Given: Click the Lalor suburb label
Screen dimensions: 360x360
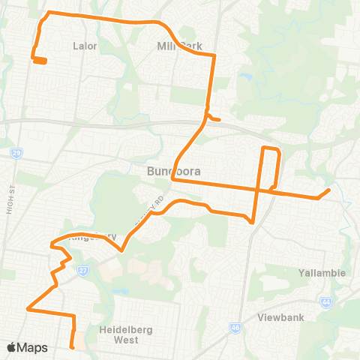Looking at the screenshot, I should [x=85, y=46].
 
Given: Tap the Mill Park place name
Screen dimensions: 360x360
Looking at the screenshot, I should [x=180, y=46].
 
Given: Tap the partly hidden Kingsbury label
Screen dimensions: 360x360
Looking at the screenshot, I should [x=94, y=237].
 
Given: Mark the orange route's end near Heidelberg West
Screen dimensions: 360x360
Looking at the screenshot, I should [x=73, y=346].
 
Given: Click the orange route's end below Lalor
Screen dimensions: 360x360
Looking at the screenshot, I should [x=43, y=61].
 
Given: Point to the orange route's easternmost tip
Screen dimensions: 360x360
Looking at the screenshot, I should [x=329, y=190].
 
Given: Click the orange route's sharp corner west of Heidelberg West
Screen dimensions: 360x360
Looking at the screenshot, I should [x=28, y=308].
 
